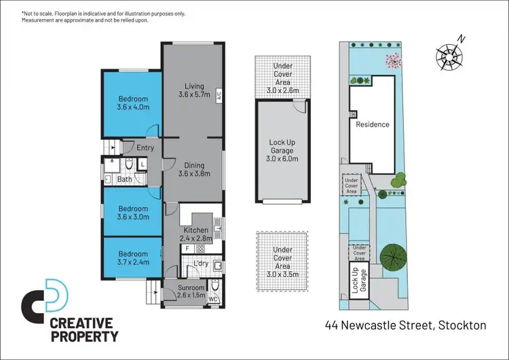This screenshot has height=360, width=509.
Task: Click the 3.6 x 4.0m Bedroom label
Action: [132, 103]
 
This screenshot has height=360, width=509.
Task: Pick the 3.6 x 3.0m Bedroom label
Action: [132, 213]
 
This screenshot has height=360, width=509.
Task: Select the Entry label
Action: [145, 147]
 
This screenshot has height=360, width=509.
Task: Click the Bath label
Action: [125, 179]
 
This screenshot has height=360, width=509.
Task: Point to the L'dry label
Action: [201, 263]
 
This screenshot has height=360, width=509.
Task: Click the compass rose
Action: [449, 52]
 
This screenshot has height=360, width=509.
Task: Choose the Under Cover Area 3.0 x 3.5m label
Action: [282, 259]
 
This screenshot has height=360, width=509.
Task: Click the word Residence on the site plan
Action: [373, 124]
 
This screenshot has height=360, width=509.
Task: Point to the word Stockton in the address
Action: [461, 325]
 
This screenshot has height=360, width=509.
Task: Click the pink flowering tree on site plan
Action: [392, 61]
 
